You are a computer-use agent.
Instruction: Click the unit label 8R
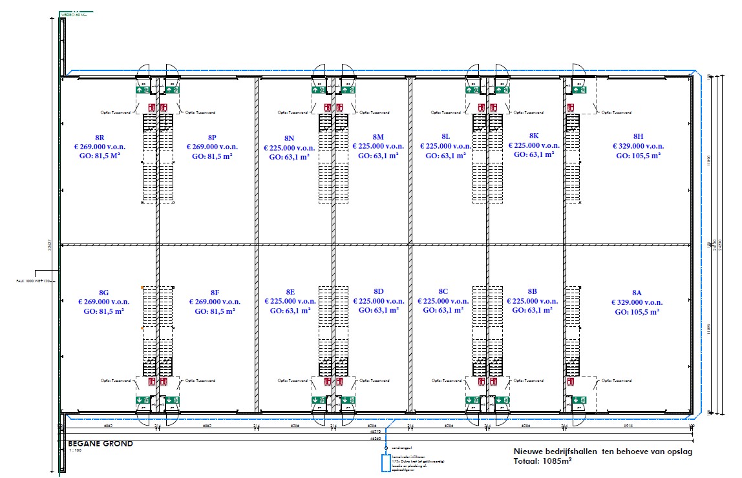100,138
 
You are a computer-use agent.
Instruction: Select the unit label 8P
212,138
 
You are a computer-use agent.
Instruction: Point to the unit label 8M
379,137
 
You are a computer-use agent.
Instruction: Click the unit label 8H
638,136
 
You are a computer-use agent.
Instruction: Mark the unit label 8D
379,292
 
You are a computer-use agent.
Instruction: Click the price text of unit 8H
638,146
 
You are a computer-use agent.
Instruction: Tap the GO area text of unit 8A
637,312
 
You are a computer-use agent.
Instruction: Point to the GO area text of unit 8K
533,155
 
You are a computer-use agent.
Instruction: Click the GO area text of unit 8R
100,156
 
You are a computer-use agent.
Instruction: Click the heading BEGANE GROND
100,444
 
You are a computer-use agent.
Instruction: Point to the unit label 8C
443,292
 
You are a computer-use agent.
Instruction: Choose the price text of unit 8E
290,301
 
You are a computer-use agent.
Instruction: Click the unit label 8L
446,136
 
